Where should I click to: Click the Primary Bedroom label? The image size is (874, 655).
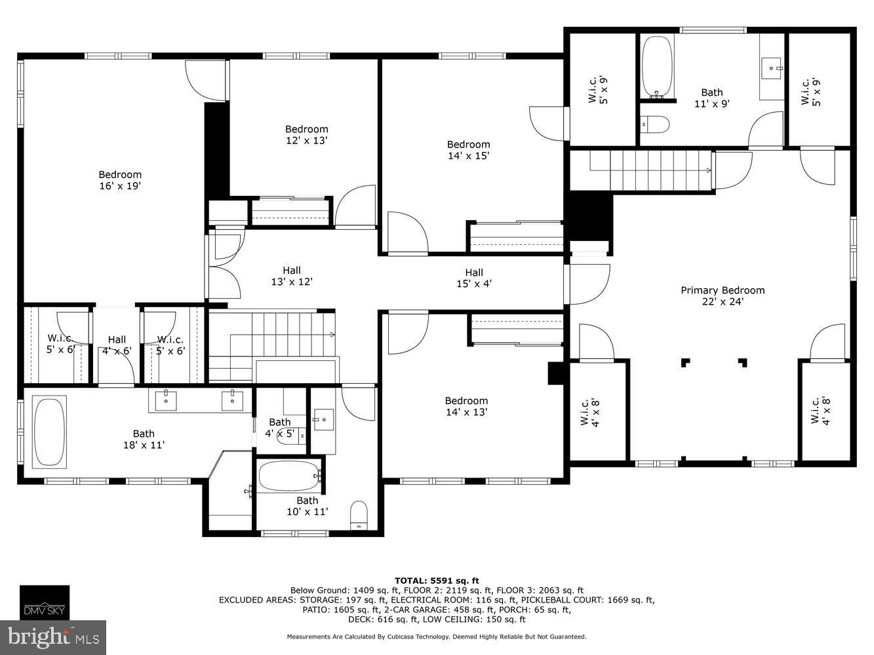722,291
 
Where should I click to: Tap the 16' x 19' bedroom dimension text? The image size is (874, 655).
120,186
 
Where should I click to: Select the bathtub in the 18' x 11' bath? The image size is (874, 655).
49,432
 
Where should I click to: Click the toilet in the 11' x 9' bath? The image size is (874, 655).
654,123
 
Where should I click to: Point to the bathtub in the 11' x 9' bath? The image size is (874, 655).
656,66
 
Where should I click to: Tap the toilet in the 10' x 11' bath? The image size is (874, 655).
359,515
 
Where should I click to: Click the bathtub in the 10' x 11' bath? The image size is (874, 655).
288,477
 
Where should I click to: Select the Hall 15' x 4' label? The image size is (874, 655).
473,278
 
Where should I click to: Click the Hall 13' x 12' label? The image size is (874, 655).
291,276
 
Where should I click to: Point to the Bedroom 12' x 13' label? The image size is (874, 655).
306,134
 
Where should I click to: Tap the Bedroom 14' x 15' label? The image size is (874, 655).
468,150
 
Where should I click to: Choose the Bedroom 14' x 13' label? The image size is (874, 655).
466,406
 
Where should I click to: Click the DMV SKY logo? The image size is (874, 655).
44,602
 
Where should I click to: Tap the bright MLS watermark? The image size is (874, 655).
54,636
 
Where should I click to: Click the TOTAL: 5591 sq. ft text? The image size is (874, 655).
436,580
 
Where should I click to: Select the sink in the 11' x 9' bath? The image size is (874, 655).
772,66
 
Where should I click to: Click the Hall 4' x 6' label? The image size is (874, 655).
117,345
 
